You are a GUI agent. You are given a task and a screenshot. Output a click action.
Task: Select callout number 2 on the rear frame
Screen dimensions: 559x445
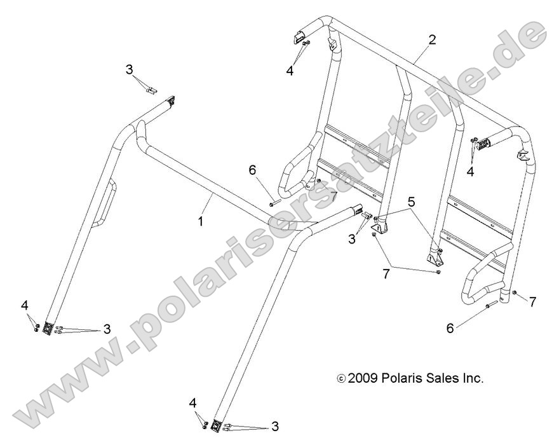(x=432, y=39)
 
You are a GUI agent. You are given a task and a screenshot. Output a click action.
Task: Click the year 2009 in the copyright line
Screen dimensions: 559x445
(x=364, y=378)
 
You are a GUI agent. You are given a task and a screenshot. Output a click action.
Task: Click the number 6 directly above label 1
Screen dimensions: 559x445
(x=252, y=170)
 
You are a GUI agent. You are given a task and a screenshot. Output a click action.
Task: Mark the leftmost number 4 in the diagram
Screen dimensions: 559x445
(x=25, y=306)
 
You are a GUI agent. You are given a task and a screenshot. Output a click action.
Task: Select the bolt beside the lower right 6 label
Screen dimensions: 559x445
(x=490, y=306)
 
